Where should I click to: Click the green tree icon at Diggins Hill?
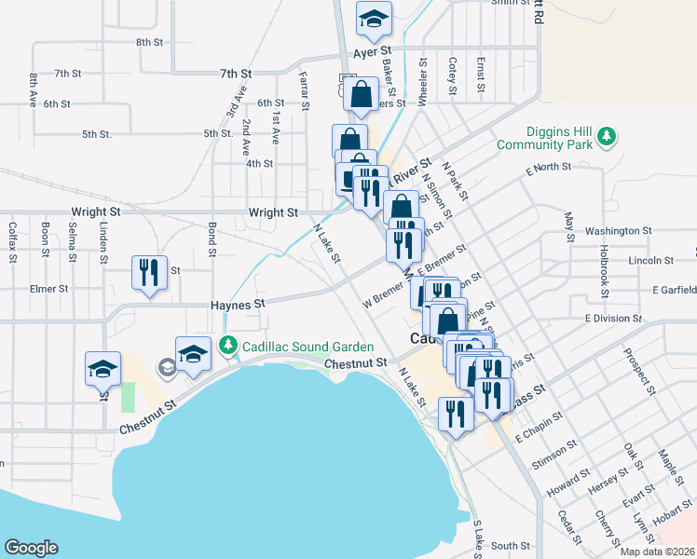[607, 138]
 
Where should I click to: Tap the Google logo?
[31, 548]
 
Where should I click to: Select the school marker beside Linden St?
[103, 369]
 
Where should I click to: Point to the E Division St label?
[613, 319]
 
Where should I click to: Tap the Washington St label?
[618, 230]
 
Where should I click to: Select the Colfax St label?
[13, 239]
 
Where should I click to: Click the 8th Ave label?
[33, 89]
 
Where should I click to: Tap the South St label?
[510, 546]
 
